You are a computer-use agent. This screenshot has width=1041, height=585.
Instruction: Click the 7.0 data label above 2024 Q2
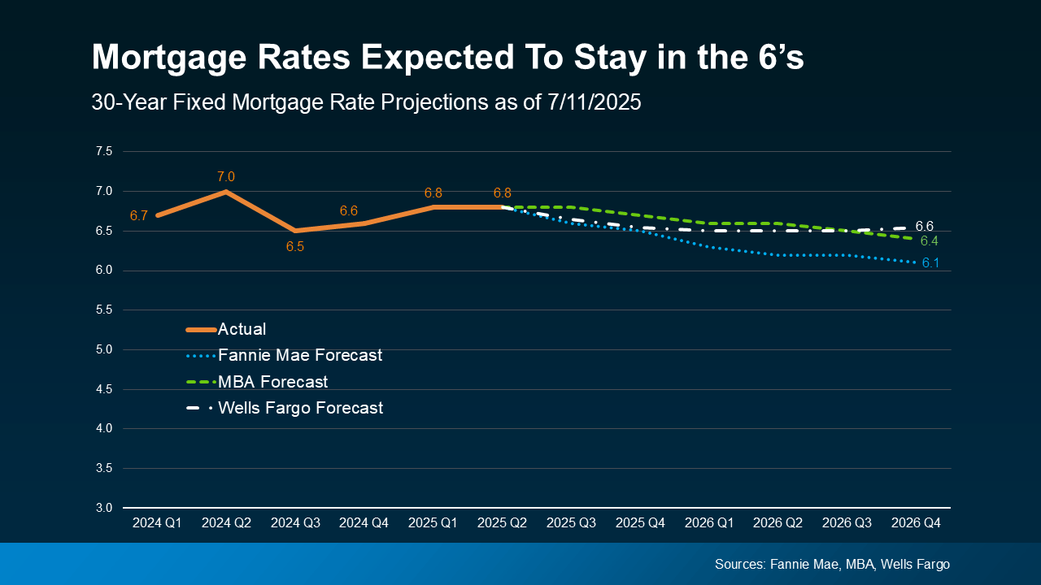(x=226, y=176)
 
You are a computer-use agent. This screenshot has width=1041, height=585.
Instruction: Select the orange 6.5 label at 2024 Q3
(x=294, y=246)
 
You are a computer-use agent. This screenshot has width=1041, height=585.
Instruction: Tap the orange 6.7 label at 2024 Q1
(x=138, y=215)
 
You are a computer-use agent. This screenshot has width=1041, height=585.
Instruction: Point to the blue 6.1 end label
(x=930, y=263)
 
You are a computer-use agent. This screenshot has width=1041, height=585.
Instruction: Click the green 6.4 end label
(x=929, y=241)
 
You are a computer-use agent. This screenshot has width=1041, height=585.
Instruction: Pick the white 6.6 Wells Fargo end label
(x=924, y=226)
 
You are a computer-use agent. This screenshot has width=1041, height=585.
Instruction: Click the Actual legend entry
(x=242, y=329)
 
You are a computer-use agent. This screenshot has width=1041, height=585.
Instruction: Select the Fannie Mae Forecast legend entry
(x=299, y=355)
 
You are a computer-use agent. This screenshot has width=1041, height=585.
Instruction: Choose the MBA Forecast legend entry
(x=272, y=381)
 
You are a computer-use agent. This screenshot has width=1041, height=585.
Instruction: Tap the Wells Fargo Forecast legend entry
(x=300, y=408)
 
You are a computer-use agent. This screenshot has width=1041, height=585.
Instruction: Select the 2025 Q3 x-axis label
(x=571, y=524)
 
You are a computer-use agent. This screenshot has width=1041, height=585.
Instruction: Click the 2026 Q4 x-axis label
(x=916, y=524)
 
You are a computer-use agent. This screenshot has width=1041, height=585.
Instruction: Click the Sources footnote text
(x=832, y=564)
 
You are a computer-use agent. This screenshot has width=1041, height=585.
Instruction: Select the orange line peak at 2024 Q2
(x=226, y=192)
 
